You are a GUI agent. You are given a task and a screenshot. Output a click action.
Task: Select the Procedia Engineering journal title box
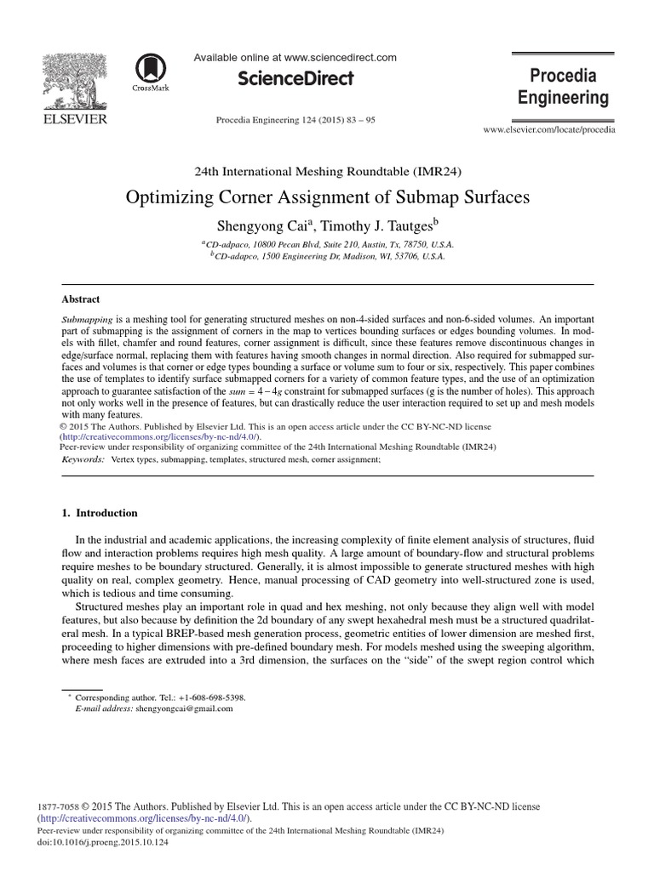[x=564, y=86]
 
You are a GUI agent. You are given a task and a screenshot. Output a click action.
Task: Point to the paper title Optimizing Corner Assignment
[x=328, y=196]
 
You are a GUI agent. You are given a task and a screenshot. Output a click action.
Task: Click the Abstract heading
[x=81, y=299]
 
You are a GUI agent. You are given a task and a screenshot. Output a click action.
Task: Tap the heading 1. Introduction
[x=100, y=514]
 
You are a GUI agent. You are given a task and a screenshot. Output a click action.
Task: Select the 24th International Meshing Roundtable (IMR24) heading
[x=328, y=171]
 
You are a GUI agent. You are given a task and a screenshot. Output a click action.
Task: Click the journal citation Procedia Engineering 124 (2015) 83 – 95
[x=296, y=120]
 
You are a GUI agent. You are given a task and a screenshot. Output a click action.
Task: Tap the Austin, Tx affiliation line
[x=327, y=242]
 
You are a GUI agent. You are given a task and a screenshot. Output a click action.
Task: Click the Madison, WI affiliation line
[x=327, y=254]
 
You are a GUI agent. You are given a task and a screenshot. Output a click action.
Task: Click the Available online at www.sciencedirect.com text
[x=295, y=57]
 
